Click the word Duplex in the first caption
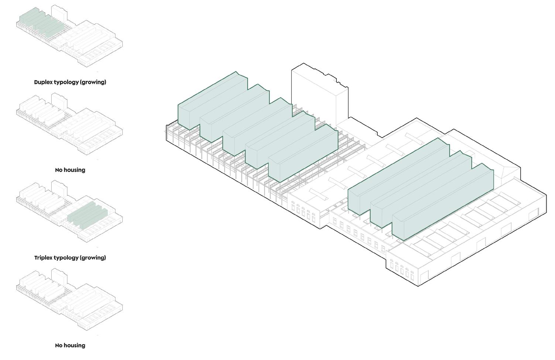(x=43, y=82)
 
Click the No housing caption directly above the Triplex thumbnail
(x=70, y=170)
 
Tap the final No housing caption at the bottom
(x=70, y=345)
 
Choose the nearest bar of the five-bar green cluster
(x=303, y=155)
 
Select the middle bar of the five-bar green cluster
(x=257, y=126)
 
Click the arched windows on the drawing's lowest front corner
(x=402, y=269)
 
